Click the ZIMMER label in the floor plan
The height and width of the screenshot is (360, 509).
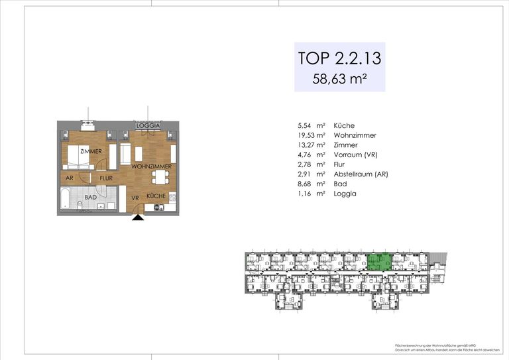point(91,152)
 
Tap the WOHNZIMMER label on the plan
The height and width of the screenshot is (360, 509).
point(152,166)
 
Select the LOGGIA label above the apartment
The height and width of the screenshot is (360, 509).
point(148,125)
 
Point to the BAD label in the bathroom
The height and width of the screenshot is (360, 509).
point(90,197)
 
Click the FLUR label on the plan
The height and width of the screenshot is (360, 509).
point(106,178)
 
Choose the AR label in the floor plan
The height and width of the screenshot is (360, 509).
point(70,178)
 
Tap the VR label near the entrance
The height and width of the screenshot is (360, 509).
point(135,197)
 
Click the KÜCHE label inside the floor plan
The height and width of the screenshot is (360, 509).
point(156,196)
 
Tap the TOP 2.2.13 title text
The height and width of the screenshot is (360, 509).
point(340,58)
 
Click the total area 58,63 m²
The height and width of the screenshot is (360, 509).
point(340,80)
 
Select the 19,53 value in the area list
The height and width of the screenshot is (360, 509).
point(308,135)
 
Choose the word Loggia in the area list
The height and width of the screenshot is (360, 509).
point(345,194)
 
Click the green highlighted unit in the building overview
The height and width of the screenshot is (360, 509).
point(380,263)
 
